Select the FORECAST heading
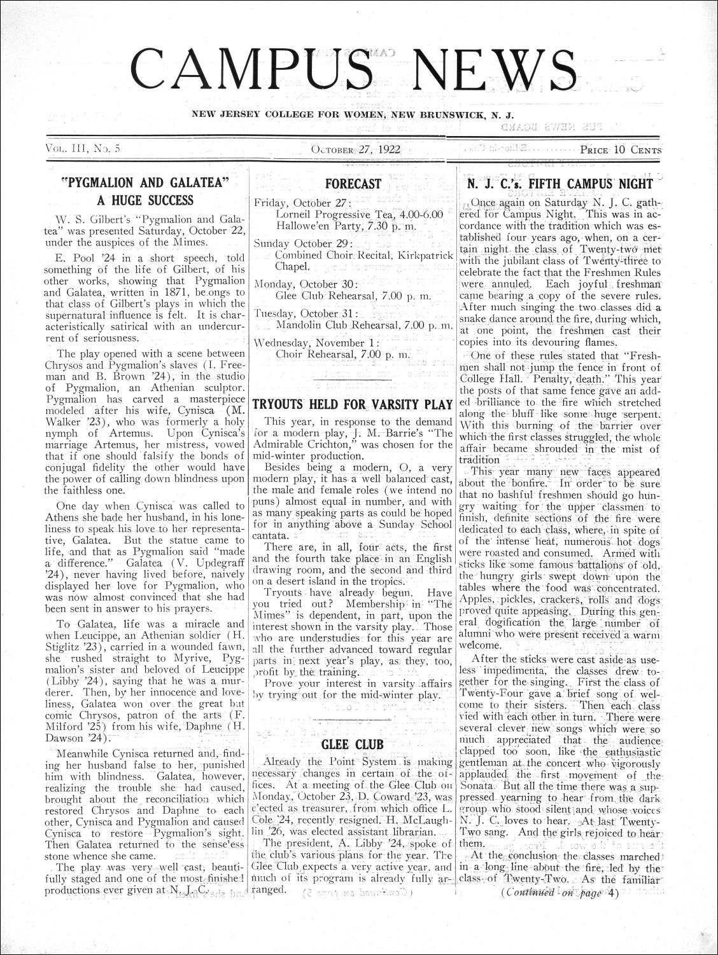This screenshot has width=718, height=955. click(353, 184)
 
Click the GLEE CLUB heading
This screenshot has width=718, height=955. click(353, 744)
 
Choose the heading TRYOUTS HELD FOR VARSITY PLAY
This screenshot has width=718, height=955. click(353, 404)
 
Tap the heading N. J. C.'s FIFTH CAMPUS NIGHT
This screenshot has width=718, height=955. click(560, 184)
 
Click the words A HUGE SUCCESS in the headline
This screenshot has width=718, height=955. click(144, 200)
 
